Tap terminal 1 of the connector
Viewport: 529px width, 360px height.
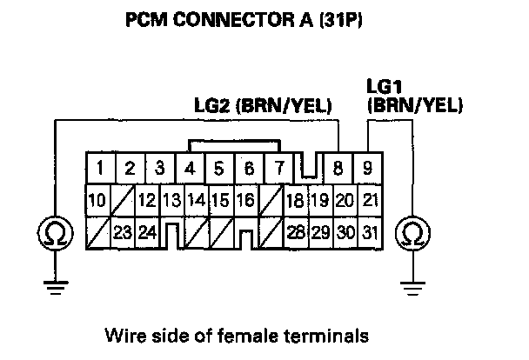click(x=102, y=167)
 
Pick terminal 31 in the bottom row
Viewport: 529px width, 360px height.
click(x=371, y=232)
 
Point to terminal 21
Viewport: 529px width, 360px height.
click(x=371, y=200)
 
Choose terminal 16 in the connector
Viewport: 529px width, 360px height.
click(x=244, y=200)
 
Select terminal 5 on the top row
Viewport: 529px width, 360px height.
click(x=219, y=167)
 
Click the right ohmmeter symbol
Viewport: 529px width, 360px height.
click(x=409, y=233)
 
